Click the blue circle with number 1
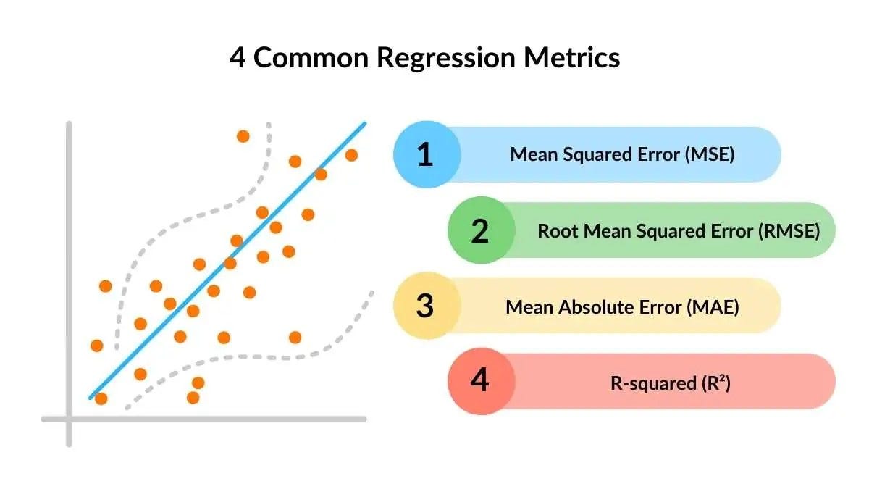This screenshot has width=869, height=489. [427, 155]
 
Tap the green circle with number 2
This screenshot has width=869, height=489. [481, 230]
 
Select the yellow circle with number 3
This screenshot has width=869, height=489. [427, 306]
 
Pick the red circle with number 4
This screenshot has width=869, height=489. [481, 381]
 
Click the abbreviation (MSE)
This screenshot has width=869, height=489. [709, 154]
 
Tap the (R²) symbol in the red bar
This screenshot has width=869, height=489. [715, 383]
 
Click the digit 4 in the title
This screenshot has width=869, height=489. [237, 57]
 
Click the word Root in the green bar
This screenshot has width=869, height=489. [555, 231]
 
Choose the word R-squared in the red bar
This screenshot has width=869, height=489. [653, 383]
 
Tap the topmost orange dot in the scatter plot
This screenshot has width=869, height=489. [243, 136]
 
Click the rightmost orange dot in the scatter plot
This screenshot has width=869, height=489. [351, 155]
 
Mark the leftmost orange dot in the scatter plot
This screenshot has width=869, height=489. [96, 346]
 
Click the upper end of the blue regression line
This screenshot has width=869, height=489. [364, 124]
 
